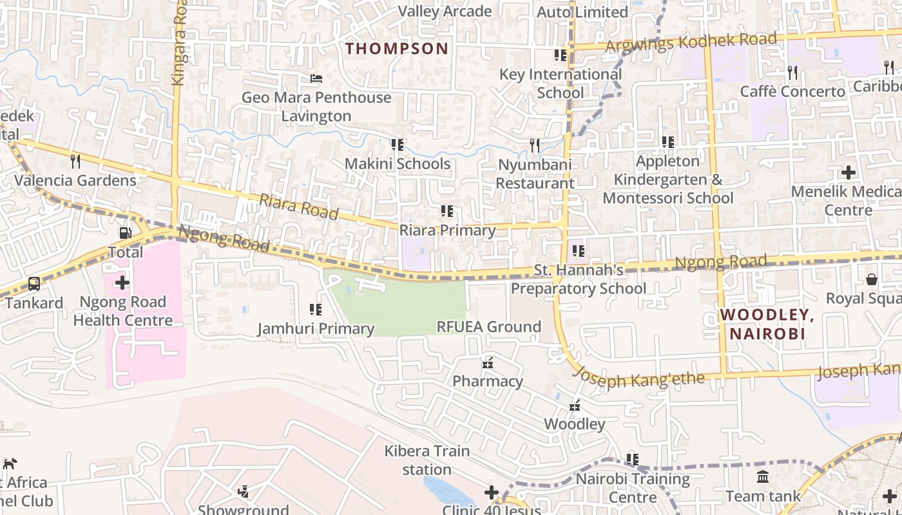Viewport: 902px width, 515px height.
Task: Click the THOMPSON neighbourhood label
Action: click(x=397, y=48)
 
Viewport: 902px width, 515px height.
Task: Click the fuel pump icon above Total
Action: click(x=125, y=232)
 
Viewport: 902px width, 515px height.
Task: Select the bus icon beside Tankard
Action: click(x=34, y=283)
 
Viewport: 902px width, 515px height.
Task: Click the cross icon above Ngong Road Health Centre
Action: click(x=122, y=283)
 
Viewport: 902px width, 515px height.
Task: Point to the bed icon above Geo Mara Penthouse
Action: click(x=316, y=79)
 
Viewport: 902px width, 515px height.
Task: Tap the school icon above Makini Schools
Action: click(x=397, y=145)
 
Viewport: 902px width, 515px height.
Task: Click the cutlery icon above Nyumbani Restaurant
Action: click(x=534, y=145)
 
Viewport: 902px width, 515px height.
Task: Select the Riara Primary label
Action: click(x=447, y=230)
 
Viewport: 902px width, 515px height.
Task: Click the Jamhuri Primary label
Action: click(x=316, y=328)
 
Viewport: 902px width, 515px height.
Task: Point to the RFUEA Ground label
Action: click(x=488, y=326)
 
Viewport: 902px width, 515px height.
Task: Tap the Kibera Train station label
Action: click(x=427, y=460)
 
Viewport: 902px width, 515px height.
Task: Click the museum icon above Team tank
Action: click(x=763, y=477)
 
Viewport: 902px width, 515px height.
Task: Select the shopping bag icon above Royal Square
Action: click(x=871, y=279)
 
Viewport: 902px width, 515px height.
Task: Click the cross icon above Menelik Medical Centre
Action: click(x=848, y=173)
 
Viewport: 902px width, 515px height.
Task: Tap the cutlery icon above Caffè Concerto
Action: click(x=792, y=73)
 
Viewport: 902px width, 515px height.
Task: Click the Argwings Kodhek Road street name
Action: click(x=691, y=42)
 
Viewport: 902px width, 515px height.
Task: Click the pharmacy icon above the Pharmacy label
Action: click(x=488, y=363)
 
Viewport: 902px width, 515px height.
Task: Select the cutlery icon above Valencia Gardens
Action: click(x=75, y=161)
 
